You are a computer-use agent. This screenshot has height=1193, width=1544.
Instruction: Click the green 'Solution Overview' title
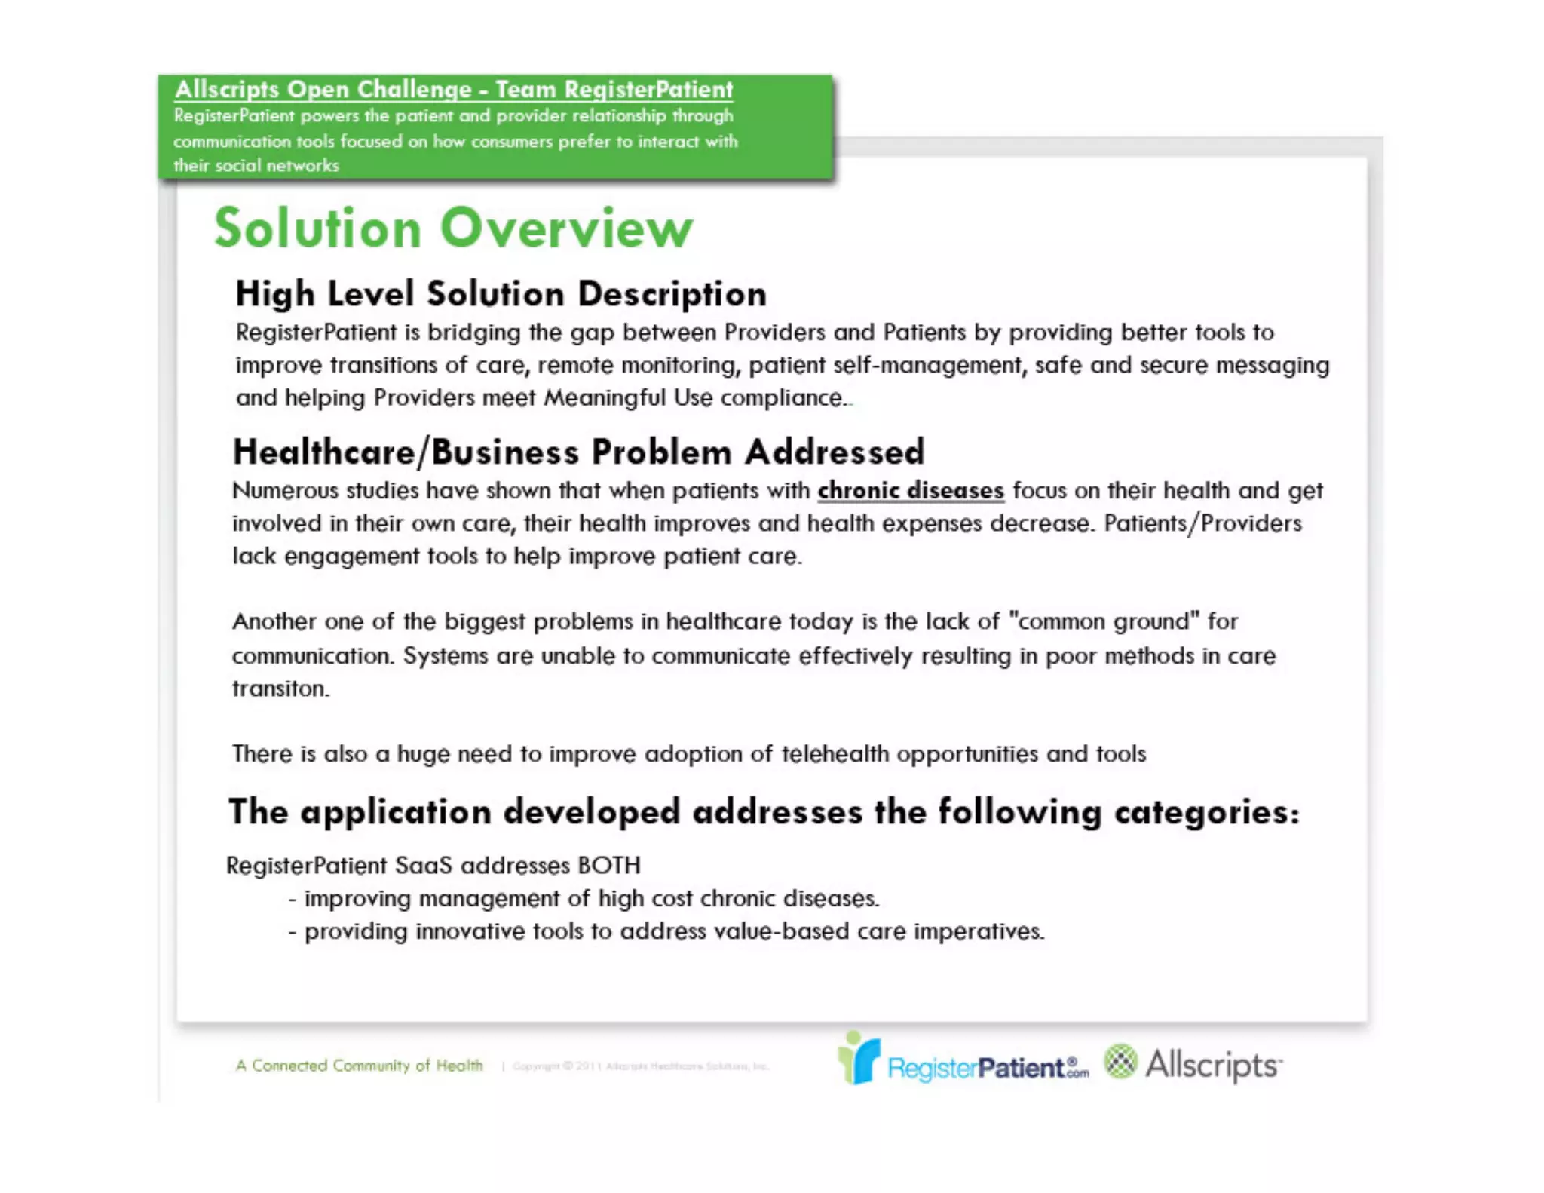[x=453, y=228]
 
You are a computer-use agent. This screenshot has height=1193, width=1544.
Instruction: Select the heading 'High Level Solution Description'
[x=501, y=293]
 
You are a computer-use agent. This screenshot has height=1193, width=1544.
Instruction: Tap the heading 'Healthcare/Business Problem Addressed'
[x=578, y=452]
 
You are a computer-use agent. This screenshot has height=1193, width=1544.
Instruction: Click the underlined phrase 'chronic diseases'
[x=911, y=491]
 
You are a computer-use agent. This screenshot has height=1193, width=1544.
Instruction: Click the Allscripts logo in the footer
[x=1193, y=1064]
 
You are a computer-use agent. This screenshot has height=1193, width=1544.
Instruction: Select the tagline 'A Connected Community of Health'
[x=359, y=1066]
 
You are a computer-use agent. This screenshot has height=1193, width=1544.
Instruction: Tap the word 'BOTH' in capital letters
[x=608, y=865]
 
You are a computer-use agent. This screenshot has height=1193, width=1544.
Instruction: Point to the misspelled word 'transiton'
[x=280, y=689]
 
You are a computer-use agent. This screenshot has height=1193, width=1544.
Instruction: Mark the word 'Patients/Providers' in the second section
[x=1202, y=523]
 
